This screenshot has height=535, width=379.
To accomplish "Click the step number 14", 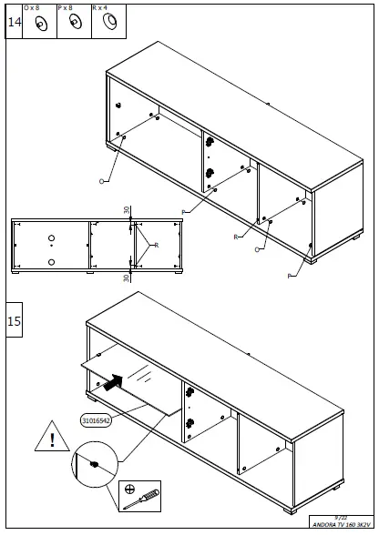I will (15, 24).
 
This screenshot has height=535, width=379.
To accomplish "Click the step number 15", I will (15, 321).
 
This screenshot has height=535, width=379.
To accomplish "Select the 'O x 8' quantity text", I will (32, 7).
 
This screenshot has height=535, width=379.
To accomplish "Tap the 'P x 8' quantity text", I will (66, 7).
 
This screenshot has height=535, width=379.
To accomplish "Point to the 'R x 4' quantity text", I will (100, 7).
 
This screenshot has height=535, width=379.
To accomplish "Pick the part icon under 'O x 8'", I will (40, 25).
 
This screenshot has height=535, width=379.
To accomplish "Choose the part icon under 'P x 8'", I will (74, 25).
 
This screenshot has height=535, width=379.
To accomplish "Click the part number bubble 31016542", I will (96, 420).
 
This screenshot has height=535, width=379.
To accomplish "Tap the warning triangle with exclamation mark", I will (53, 441).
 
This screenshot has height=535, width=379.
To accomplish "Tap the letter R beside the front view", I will (157, 245).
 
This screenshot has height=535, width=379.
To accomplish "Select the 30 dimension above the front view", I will (127, 210).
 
